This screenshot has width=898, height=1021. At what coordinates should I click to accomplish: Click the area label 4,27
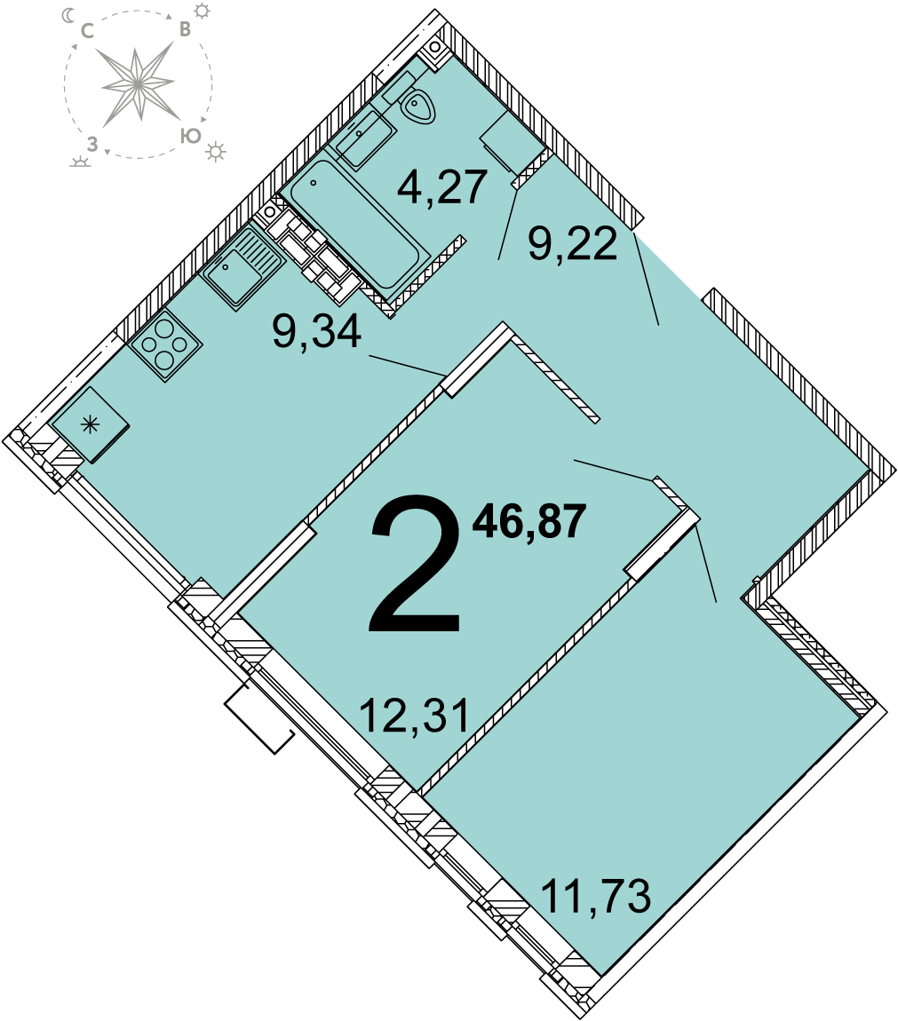click(442, 186)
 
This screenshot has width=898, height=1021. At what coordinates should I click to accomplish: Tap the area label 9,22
click(573, 243)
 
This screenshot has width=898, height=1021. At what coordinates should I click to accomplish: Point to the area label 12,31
click(415, 715)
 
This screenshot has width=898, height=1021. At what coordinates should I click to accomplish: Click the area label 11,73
click(596, 897)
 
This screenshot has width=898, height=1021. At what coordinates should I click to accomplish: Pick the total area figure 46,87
click(529, 521)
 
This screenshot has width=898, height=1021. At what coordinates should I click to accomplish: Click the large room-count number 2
click(415, 564)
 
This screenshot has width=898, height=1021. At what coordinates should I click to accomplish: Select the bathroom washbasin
click(362, 138)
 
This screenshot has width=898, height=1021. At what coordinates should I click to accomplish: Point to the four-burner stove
click(165, 345)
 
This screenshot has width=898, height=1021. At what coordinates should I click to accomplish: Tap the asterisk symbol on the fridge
click(90, 425)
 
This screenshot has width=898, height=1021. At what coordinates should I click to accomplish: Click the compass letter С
click(88, 30)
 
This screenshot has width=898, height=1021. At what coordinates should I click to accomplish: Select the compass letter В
click(185, 29)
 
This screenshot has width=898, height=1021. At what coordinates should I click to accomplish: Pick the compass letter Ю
click(190, 136)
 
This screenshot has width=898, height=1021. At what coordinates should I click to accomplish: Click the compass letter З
click(92, 144)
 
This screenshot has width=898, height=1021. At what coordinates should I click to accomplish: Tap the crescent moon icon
click(68, 15)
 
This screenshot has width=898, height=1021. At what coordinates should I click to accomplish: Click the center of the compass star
click(138, 83)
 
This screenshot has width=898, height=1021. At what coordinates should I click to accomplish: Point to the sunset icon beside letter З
click(80, 162)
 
